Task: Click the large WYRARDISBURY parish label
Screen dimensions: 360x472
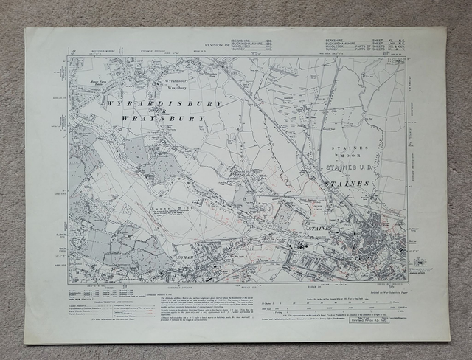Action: coord(163,104)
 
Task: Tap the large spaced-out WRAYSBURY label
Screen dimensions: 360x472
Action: coord(163,117)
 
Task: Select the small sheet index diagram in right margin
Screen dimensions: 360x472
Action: coord(419,262)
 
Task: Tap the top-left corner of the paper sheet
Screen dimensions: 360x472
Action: coord(26,28)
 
